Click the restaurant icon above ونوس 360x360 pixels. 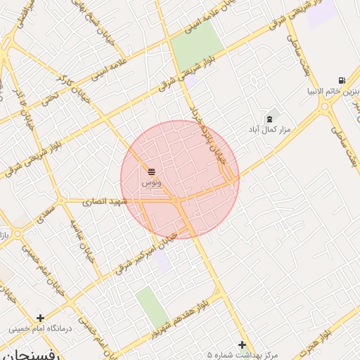[152, 171]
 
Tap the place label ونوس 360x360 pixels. [151, 182]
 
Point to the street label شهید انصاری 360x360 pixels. [103, 201]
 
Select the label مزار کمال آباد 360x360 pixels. [264, 130]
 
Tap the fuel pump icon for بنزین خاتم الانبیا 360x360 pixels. [342, 81]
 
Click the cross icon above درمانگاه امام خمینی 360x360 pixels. [41, 318]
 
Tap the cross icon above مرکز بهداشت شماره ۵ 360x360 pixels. [243, 345]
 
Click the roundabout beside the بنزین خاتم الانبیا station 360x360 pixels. [325, 107]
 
